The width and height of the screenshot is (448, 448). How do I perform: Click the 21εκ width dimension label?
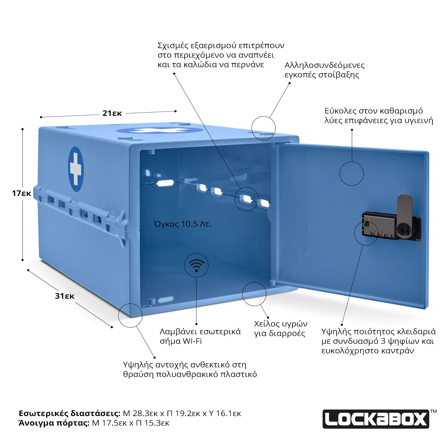pyautogui.click(x=112, y=113)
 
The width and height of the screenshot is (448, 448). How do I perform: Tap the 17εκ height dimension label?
pyautogui.click(x=22, y=193)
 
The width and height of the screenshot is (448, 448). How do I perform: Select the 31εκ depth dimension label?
pyautogui.click(x=65, y=296)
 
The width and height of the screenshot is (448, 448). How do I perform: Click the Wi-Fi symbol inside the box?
pyautogui.click(x=196, y=266)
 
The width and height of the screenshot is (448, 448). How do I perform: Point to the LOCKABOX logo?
pyautogui.click(x=376, y=419)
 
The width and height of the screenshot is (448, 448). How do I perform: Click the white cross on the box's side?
pyautogui.click(x=76, y=169)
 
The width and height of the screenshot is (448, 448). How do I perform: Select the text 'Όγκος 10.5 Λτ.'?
pyautogui.click(x=182, y=224)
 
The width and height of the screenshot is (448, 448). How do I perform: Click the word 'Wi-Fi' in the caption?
pyautogui.click(x=192, y=341)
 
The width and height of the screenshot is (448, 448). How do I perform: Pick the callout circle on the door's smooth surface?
pyautogui.click(x=352, y=174)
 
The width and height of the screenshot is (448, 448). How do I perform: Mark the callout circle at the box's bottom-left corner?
pyautogui.click(x=130, y=315)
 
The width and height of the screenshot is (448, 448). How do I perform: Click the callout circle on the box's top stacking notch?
pyautogui.click(x=263, y=128)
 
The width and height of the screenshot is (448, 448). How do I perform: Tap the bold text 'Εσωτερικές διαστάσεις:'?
pyautogui.click(x=70, y=413)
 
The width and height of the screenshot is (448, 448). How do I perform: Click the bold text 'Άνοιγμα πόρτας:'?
pyautogui.click(x=54, y=423)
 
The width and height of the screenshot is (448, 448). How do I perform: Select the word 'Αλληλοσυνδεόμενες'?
pyautogui.click(x=324, y=65)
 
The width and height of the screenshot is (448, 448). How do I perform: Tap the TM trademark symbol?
pyautogui.click(x=433, y=411)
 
